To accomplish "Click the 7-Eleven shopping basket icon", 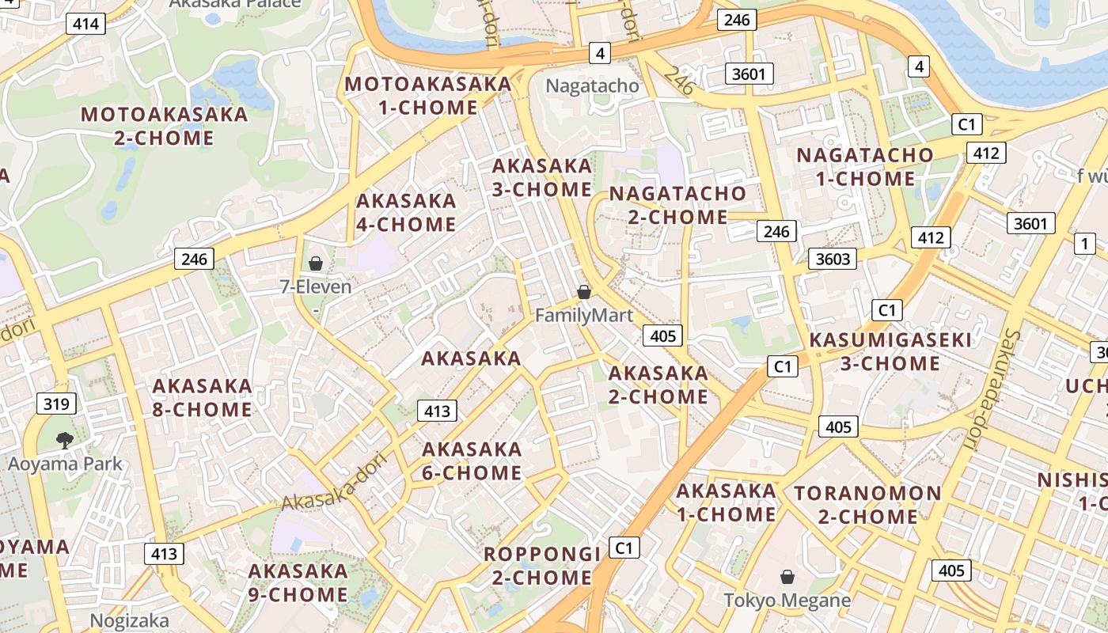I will pos(315,263).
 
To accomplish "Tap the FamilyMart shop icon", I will pos(584,292).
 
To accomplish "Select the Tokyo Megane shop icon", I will pos(787,577).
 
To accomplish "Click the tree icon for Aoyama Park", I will pos(65,440).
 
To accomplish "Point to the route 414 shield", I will pos(85,24).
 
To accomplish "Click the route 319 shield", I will pos(56,404).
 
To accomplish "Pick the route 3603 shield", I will pos(833,259).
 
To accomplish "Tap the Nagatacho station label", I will pos(592,85).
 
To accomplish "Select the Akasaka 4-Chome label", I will pos(406,212).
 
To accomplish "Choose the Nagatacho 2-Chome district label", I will pos(677,205).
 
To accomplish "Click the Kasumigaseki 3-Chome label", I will pos(890,352).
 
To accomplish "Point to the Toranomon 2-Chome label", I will pos(868,505).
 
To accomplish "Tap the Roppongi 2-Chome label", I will pos(542,565).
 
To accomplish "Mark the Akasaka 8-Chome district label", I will pos(202,398).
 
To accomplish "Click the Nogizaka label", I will pos(130,620).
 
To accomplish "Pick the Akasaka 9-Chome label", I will pos(298,582).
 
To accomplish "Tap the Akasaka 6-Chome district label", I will pos(472,461).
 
